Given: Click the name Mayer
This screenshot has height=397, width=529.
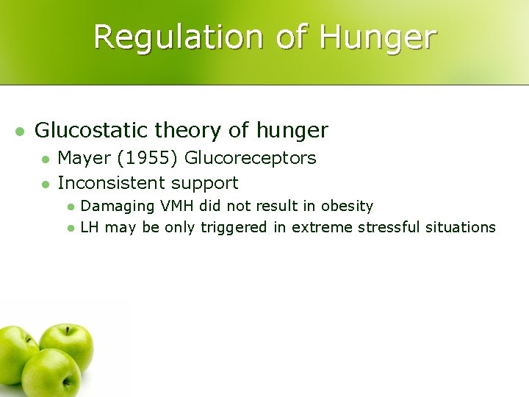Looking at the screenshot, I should click(x=82, y=158).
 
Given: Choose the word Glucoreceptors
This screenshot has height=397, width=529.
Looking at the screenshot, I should click(x=251, y=158).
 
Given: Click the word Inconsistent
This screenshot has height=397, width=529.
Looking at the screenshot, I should click(x=111, y=182).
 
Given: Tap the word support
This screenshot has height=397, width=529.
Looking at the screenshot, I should click(x=205, y=183).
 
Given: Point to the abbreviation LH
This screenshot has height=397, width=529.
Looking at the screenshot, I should click(x=90, y=227).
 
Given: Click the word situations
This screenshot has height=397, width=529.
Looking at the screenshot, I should click(x=461, y=227).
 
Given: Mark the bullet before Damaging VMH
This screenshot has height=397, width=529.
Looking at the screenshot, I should click(x=70, y=207).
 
